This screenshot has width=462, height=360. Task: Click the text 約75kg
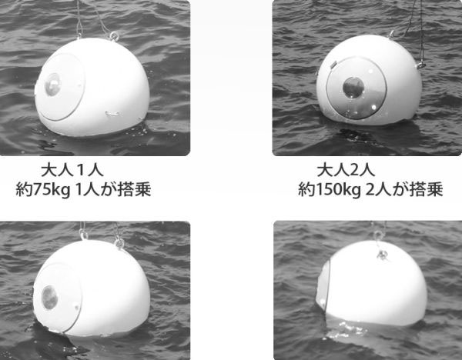pyautogui.click(x=42, y=190)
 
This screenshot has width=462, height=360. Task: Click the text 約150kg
pyautogui.click(x=329, y=190)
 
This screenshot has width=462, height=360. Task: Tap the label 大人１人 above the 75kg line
pyautogui.click(x=72, y=170)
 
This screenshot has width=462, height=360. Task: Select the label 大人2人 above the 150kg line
pyautogui.click(x=346, y=170)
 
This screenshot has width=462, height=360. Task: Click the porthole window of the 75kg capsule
pyautogui.click(x=52, y=85)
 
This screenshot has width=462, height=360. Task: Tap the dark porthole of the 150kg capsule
pyautogui.click(x=353, y=88)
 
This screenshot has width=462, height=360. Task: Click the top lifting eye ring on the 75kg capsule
pyautogui.click(x=114, y=36)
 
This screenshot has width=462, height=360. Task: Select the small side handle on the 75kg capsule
pyautogui.click(x=112, y=113)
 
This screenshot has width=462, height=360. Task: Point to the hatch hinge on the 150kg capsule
pyautogui.click(x=333, y=65)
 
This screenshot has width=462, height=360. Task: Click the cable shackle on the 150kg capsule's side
pyautogui.click(x=420, y=63)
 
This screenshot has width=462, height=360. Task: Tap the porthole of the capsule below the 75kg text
pyautogui.click(x=49, y=297)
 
